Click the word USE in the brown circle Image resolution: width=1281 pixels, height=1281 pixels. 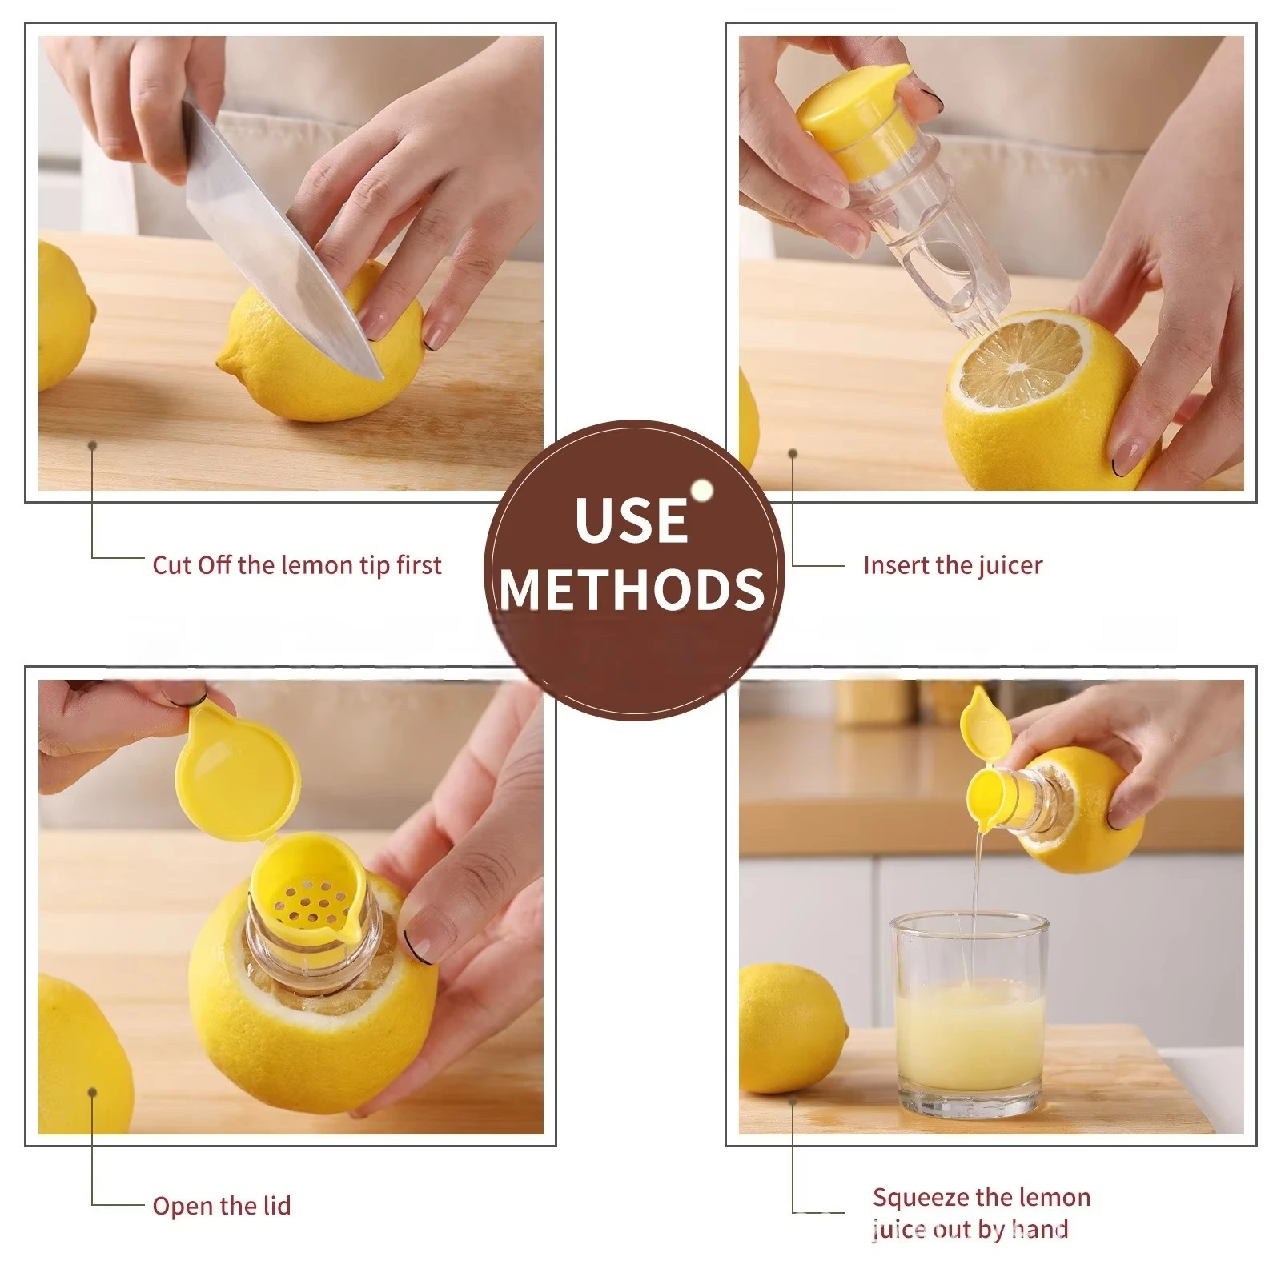click(x=632, y=520)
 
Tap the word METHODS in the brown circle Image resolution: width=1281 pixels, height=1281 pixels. click(x=632, y=589)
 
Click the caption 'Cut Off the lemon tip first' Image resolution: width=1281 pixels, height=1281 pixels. click(x=296, y=565)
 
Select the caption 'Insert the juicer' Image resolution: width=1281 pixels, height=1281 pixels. click(x=952, y=565)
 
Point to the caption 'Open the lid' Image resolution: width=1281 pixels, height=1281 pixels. click(x=221, y=1206)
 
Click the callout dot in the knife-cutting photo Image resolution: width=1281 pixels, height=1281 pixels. click(x=93, y=445)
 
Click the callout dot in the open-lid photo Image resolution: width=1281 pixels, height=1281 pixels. click(x=93, y=1093)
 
